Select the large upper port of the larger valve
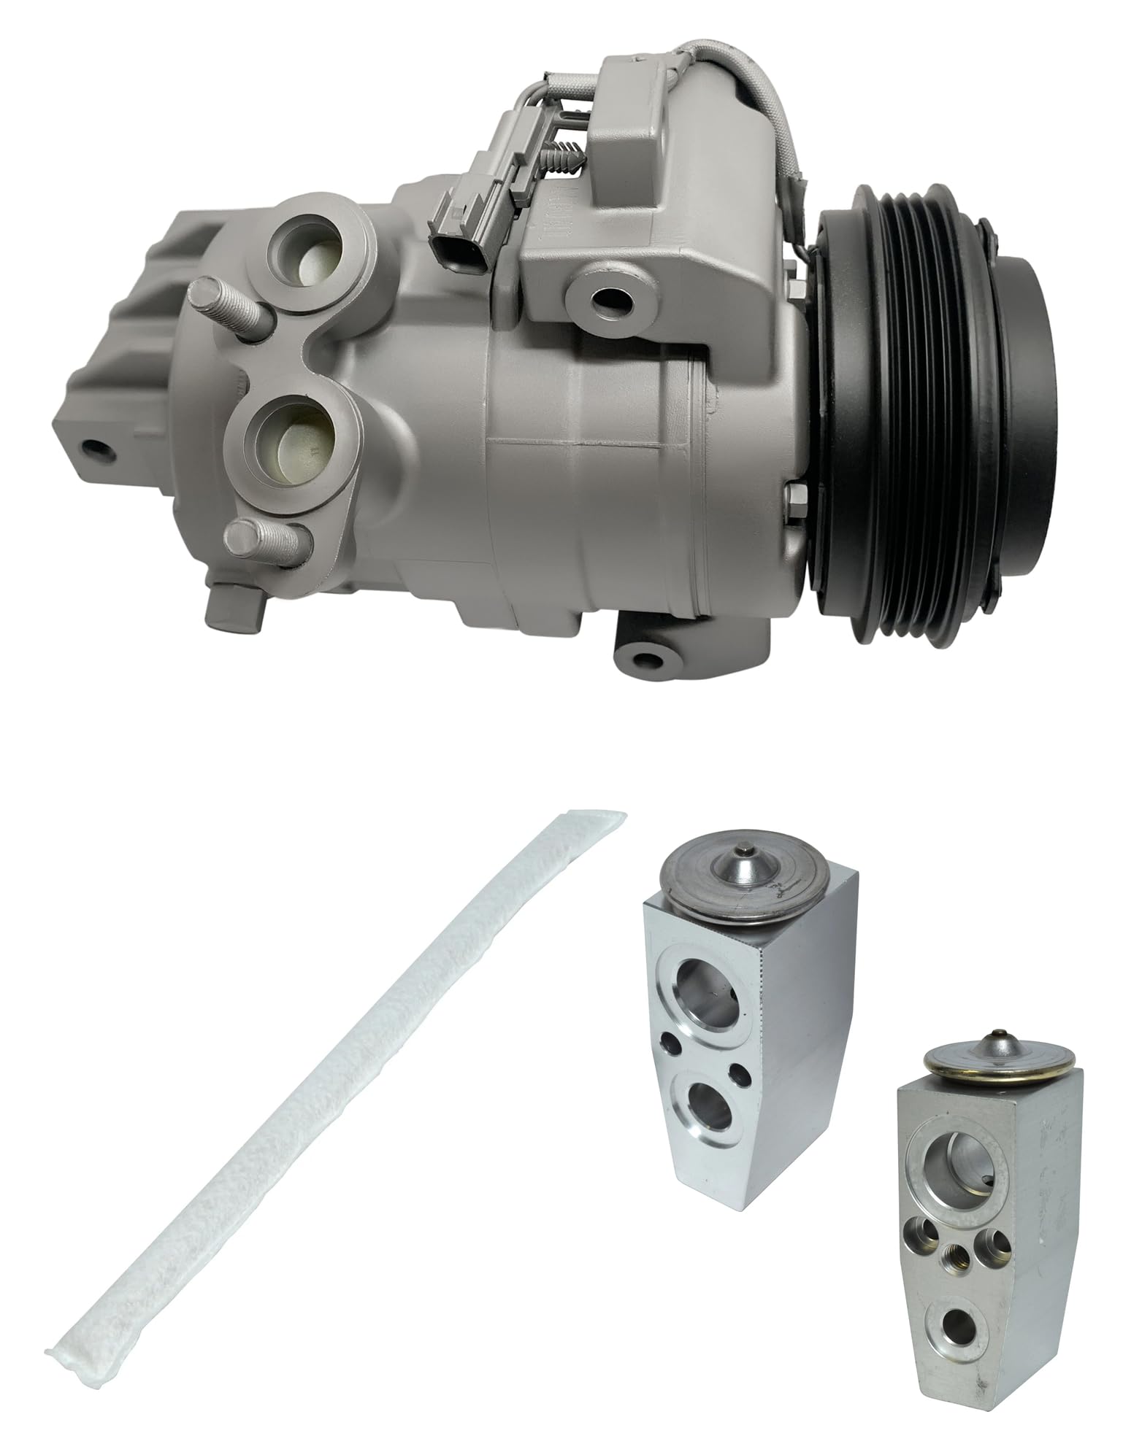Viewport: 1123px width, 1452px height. coord(698,986)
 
